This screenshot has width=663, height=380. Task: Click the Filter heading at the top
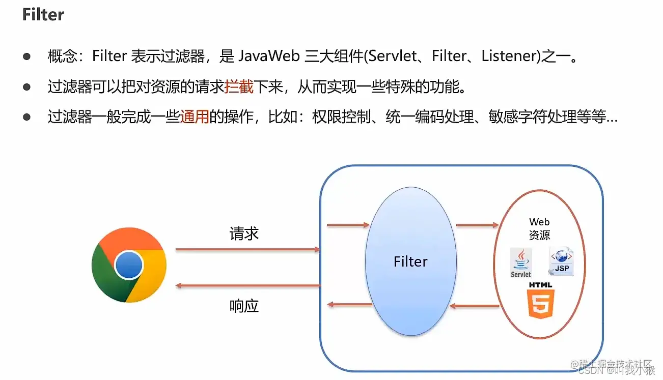(x=43, y=14)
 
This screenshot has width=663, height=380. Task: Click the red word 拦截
(x=239, y=87)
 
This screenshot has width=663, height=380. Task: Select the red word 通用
(x=195, y=118)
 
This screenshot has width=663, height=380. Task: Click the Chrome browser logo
(x=129, y=265)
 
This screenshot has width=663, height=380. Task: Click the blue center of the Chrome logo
(x=129, y=265)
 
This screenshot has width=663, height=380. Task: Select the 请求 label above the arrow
(x=244, y=233)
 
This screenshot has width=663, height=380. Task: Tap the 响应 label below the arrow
(x=244, y=306)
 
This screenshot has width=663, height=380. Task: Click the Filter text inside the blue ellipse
(x=410, y=261)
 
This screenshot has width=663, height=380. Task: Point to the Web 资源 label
(x=540, y=228)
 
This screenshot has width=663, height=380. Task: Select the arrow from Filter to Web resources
(x=477, y=224)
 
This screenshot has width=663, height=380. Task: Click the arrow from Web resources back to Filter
(x=475, y=306)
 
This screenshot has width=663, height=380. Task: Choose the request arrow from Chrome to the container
(x=247, y=249)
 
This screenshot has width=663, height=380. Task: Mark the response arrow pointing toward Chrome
(x=247, y=286)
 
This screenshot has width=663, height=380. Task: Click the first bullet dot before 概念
(x=27, y=56)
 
